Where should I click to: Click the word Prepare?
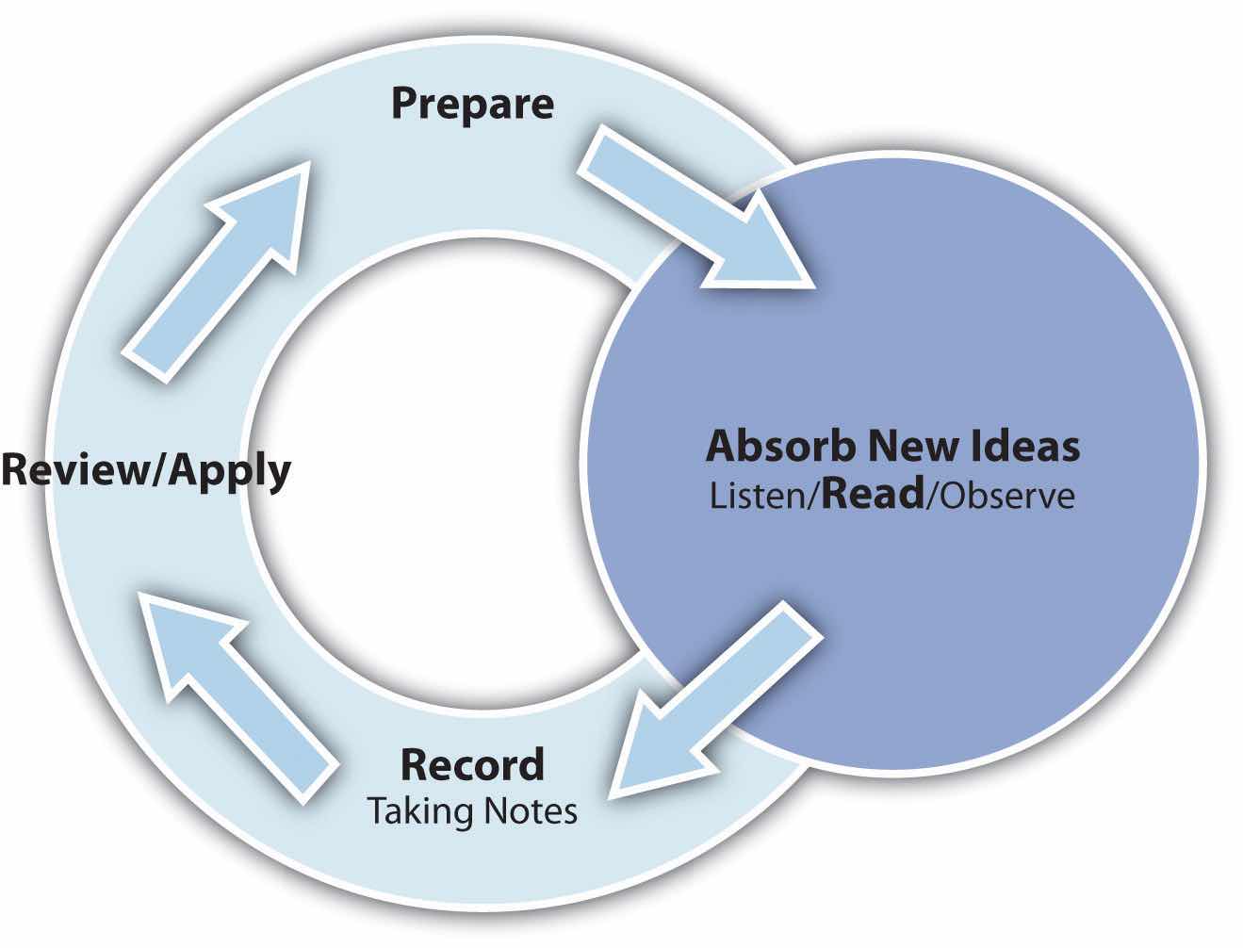coord(472,105)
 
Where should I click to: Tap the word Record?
coord(473,764)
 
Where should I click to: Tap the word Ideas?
coord(1026,446)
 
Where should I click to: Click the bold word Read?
coord(873,494)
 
